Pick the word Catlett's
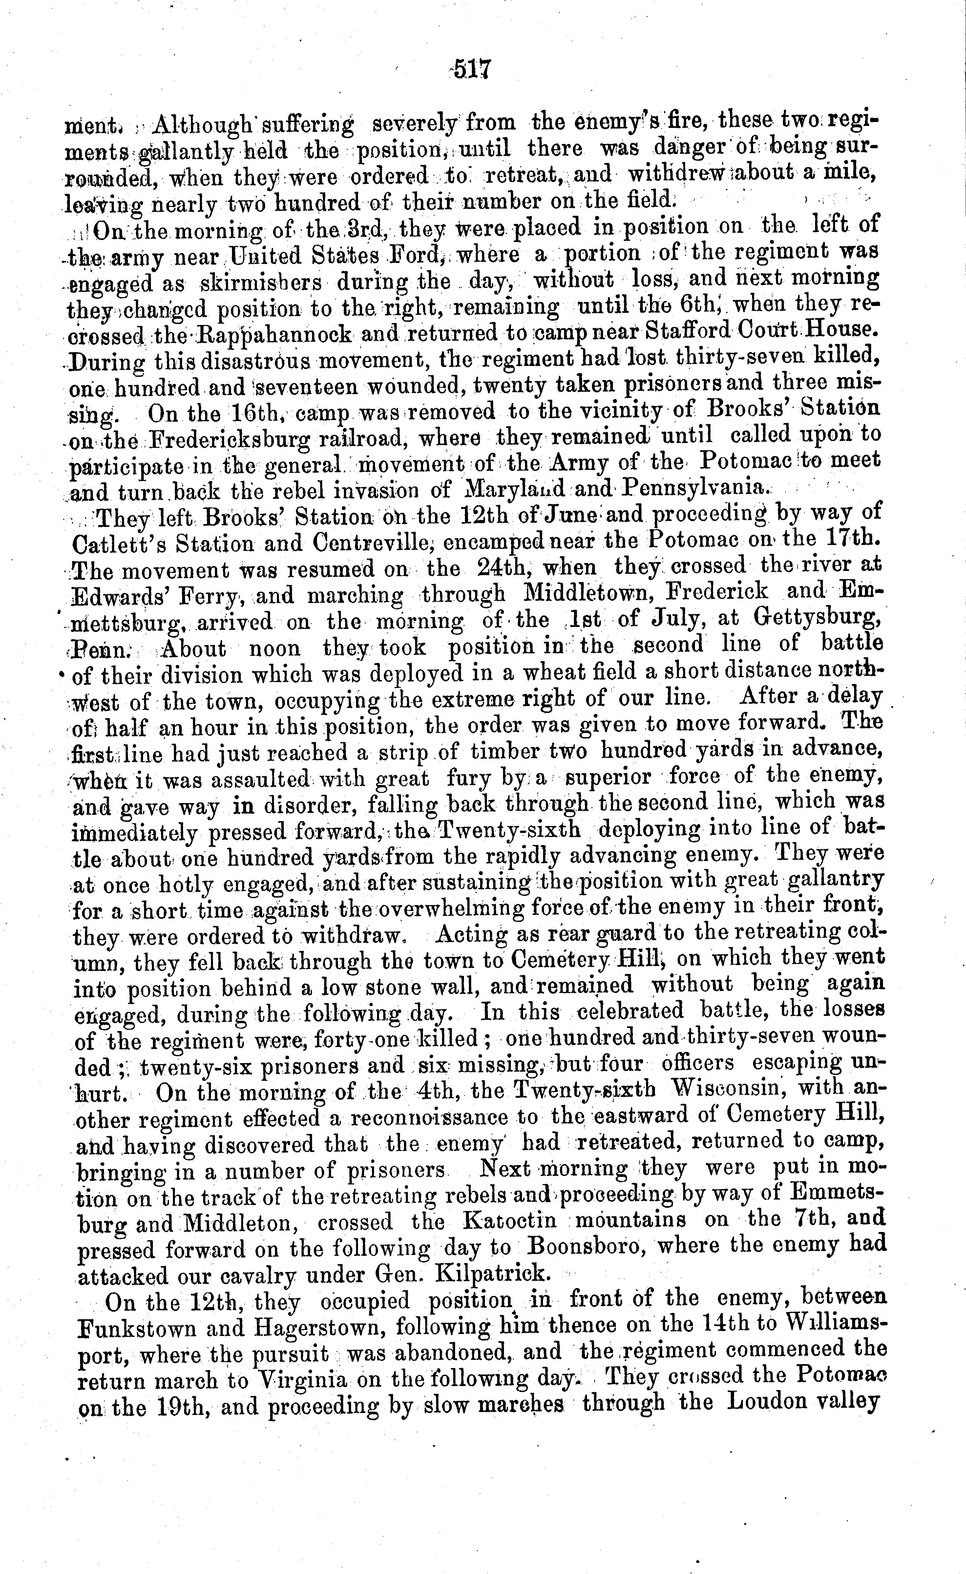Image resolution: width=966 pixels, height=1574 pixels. (119, 544)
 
